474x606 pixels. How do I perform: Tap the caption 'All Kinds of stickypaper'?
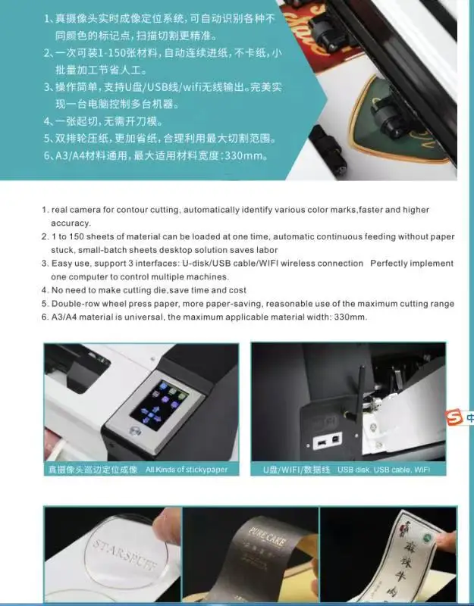[187, 470]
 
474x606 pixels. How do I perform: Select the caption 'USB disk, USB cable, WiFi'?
[385, 470]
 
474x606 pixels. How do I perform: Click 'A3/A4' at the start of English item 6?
[64, 317]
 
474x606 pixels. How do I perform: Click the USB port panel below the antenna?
[326, 439]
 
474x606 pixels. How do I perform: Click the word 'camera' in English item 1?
[83, 210]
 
